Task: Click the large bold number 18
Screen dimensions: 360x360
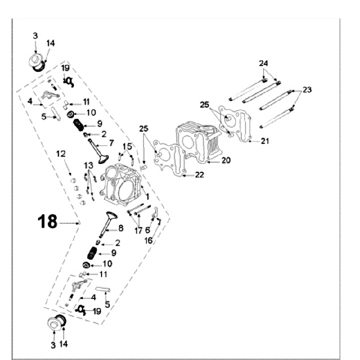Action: tap(48, 221)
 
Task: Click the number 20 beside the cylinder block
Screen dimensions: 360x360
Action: tap(226, 160)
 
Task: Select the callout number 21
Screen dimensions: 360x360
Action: tap(264, 141)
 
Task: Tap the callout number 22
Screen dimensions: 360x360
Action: tap(199, 175)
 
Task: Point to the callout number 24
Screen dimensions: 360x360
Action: tap(263, 63)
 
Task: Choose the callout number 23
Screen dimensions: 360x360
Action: tap(307, 90)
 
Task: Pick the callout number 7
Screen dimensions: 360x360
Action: tap(111, 143)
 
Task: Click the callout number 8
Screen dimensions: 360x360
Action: tap(120, 229)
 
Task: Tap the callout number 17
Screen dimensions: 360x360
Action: tap(138, 230)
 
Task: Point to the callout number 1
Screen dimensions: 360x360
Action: tap(147, 196)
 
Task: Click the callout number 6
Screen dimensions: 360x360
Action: tap(147, 230)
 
